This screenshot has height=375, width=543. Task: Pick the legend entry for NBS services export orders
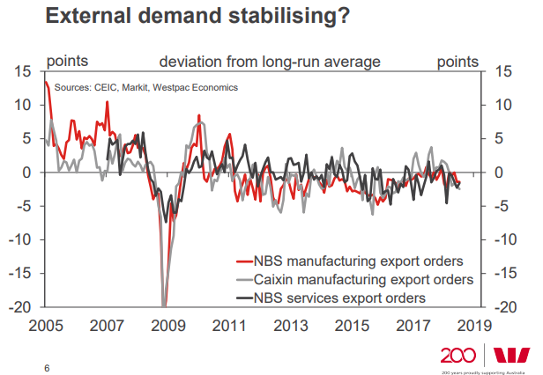tap(339, 298)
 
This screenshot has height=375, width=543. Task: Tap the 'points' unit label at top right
tap(457, 62)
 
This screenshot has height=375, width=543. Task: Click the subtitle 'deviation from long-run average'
tap(269, 62)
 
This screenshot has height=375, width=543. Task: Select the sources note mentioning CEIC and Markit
tap(145, 87)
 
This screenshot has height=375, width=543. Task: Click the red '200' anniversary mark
tap(460, 356)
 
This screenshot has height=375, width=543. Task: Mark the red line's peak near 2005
tap(46, 82)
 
